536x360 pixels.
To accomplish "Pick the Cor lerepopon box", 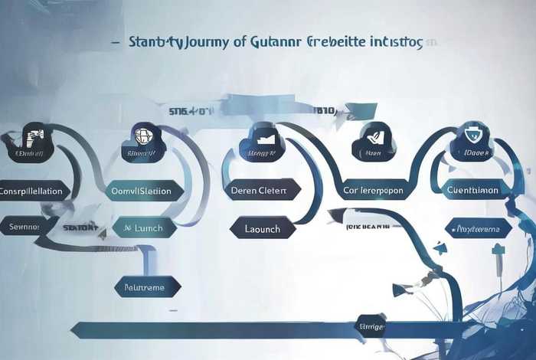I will (373, 191).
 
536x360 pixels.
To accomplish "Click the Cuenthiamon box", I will (472, 190).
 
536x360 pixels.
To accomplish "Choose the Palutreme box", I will (145, 287).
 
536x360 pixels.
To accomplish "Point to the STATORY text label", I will (80, 227).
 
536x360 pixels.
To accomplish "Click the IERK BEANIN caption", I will (368, 227).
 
